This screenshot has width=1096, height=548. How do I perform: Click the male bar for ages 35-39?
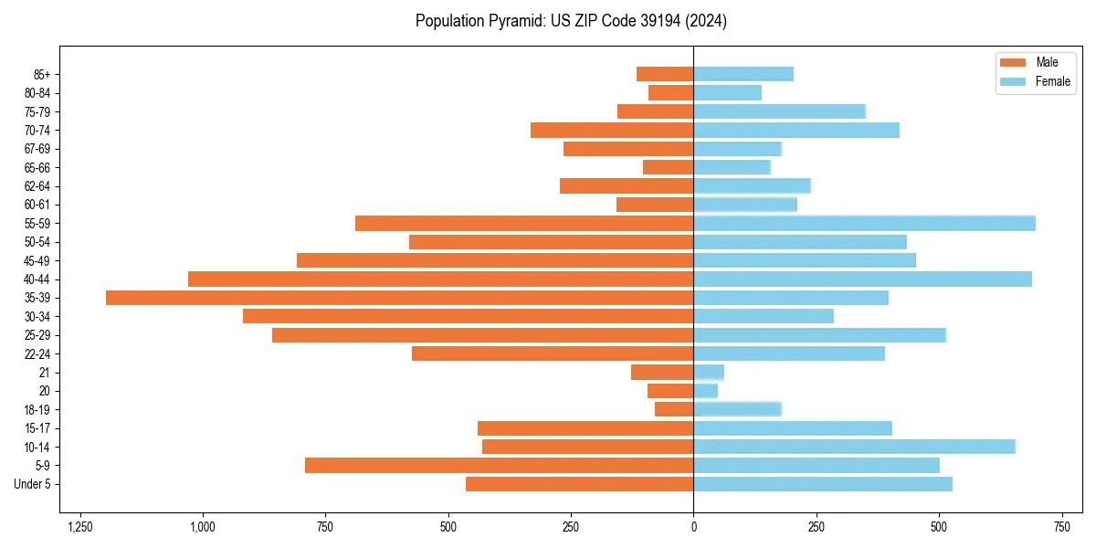399,298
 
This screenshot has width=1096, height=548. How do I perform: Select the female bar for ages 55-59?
864,223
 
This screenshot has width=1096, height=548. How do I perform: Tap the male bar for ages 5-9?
499,466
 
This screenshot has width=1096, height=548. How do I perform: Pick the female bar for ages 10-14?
854,447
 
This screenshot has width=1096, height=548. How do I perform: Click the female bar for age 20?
705,391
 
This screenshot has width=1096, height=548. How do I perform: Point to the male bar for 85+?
665,74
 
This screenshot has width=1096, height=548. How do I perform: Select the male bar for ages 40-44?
440,279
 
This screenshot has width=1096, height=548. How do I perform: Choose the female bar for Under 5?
822,484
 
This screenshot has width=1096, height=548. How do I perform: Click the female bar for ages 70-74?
796,130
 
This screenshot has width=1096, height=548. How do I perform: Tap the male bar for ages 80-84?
670,92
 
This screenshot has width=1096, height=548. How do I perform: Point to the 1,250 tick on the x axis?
80,527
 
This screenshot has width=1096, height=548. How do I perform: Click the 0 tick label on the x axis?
693,527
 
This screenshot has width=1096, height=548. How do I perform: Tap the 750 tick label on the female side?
1061,527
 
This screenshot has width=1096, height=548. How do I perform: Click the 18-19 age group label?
37,410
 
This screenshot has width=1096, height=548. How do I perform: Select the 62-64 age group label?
37,186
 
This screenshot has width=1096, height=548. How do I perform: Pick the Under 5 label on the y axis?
33,484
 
